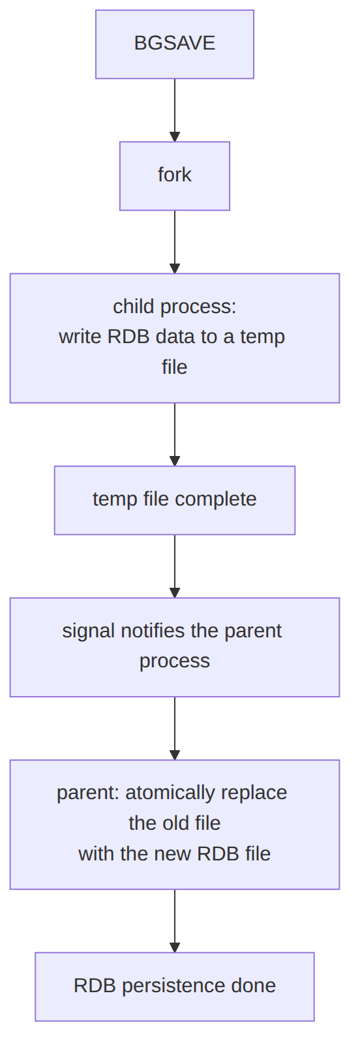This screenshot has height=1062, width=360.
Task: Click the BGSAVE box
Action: (x=174, y=44)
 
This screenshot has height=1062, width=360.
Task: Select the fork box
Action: (x=174, y=176)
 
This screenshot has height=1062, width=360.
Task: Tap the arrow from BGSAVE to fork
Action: (x=174, y=110)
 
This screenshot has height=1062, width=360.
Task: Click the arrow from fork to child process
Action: (x=174, y=242)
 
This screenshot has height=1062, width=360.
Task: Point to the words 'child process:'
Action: (x=174, y=307)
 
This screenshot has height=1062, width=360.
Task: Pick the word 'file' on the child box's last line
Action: (x=174, y=367)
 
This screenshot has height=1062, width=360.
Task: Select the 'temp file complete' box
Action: (x=174, y=500)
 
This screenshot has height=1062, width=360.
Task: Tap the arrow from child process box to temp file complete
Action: (x=174, y=434)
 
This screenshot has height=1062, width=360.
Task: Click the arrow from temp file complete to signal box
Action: (x=174, y=566)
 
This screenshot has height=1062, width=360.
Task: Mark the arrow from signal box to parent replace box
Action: (x=174, y=728)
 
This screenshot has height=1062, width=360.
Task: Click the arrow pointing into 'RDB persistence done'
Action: (x=174, y=921)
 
